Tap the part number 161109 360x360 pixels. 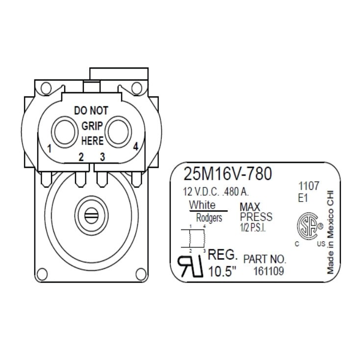[269, 271]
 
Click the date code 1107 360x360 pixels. [309, 186]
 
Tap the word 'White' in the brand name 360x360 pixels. [202, 205]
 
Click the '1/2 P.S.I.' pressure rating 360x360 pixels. [253, 228]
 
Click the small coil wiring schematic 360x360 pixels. [197, 239]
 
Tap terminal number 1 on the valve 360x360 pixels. [50, 148]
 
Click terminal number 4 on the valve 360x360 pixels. [135, 146]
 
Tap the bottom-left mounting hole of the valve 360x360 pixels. [43, 272]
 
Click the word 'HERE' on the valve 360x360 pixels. [92, 141]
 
